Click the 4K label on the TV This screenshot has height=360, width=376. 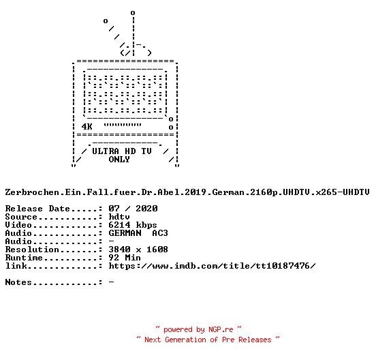(x=87, y=127)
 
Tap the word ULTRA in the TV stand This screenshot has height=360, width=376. (x=106, y=151)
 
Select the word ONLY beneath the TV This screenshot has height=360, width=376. (x=119, y=160)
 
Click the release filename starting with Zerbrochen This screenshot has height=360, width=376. (x=187, y=192)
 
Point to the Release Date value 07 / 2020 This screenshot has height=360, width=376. (x=133, y=209)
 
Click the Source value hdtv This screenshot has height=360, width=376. (x=119, y=217)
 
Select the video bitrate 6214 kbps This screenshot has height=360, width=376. (x=133, y=225)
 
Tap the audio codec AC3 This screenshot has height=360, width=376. (x=160, y=233)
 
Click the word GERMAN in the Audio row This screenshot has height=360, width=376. (x=125, y=233)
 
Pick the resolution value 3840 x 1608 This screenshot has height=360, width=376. (x=138, y=250)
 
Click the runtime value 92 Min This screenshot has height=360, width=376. (x=125, y=258)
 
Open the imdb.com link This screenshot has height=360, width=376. (x=213, y=266)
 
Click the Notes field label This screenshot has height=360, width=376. (x=18, y=282)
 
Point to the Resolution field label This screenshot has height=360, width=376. (x=32, y=250)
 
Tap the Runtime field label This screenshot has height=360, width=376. (x=24, y=258)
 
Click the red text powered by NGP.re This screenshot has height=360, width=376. (x=198, y=329)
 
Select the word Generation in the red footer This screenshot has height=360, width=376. (x=185, y=340)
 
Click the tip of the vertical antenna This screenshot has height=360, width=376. (x=133, y=13)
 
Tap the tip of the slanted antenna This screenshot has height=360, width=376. (x=106, y=21)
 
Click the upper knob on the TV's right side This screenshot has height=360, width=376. (x=171, y=119)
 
